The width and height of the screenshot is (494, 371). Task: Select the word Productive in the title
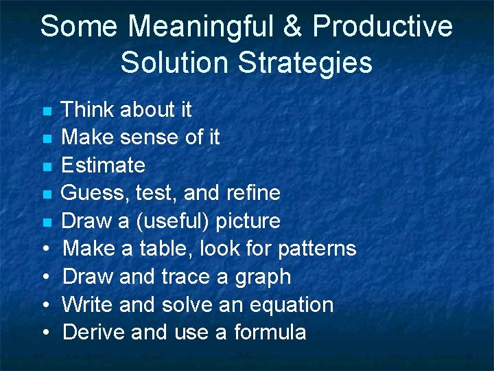pos(383,27)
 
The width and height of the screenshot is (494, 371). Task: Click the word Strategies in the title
pos(305,63)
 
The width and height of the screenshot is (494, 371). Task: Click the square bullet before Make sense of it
pos(47,139)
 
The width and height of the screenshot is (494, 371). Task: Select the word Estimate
pos(103,166)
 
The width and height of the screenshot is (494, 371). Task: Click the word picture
pos(248,221)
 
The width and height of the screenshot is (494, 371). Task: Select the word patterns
pos(319,248)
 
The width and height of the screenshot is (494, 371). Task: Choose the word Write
pos(89,304)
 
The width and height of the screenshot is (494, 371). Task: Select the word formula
pos(270,333)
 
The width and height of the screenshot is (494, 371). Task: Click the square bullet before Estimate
pos(47,166)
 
